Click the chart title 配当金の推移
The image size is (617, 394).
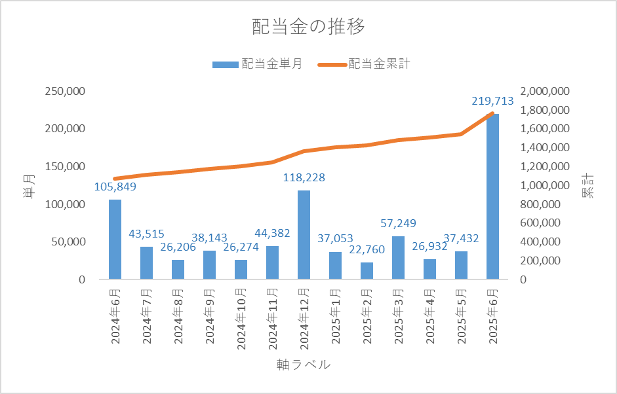308,27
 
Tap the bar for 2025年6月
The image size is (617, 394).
492,196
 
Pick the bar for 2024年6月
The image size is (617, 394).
115,239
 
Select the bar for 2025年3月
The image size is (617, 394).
398,258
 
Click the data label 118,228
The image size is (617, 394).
304,177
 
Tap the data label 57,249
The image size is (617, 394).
398,224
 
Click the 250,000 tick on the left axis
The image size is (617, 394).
65,91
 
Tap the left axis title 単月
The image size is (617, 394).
28,185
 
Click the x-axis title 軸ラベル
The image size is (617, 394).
304,365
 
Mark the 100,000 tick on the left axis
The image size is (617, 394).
65,204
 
